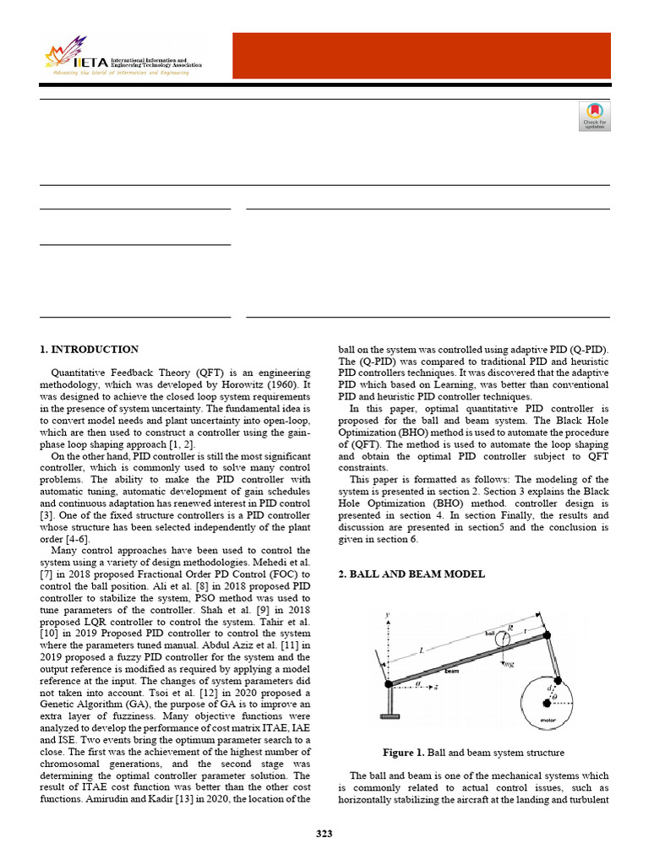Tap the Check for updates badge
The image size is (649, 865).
[594, 117]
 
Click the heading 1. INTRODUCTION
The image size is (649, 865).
[90, 349]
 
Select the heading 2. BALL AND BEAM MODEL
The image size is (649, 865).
[412, 574]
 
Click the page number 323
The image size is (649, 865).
[324, 834]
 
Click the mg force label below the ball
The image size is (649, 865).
[509, 664]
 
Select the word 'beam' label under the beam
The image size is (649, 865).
[452, 672]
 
